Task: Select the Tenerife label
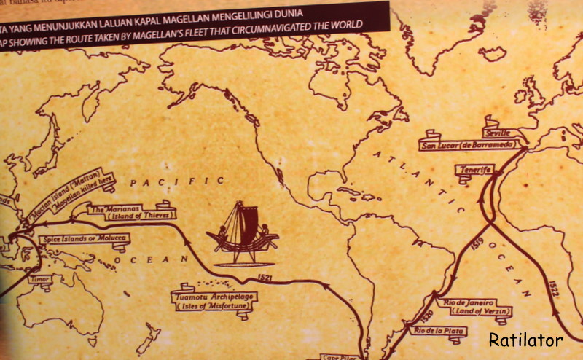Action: click(473, 169)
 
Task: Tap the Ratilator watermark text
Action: click(525, 339)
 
